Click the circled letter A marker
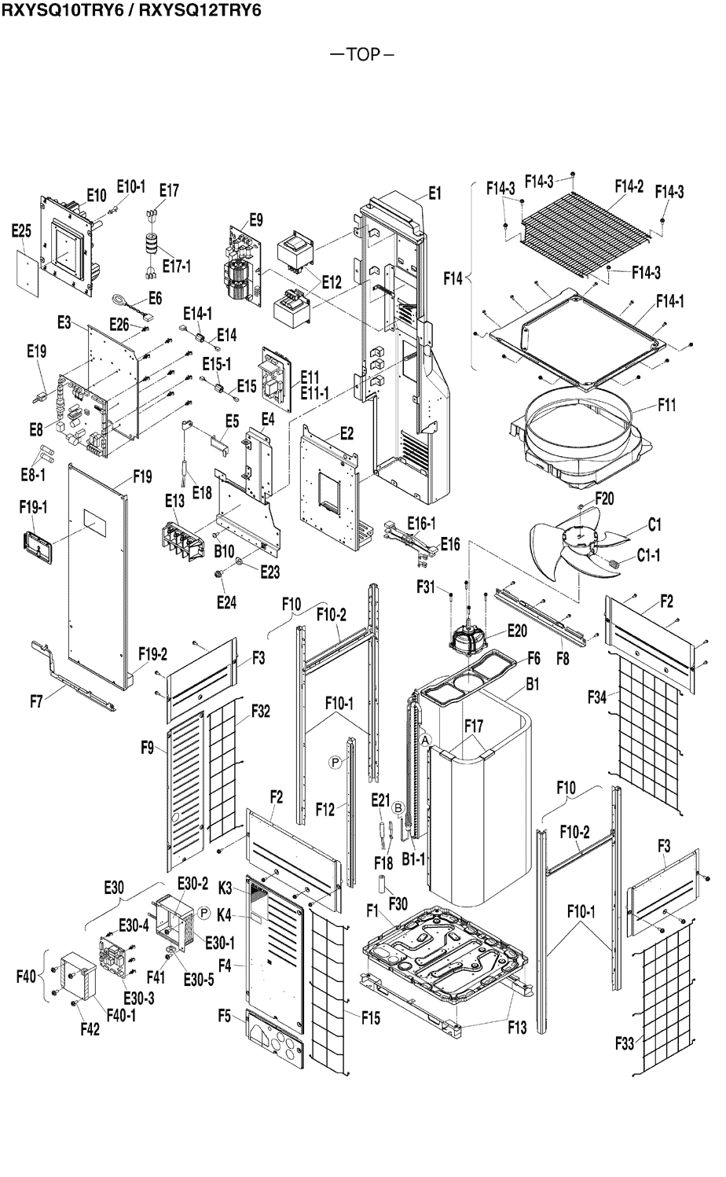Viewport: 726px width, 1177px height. (425, 740)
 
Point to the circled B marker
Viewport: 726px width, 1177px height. (398, 807)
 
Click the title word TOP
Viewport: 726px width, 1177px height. (362, 54)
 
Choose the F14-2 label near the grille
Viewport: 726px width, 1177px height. (629, 186)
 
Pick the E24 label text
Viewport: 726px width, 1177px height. (226, 603)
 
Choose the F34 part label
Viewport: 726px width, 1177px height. (598, 697)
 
